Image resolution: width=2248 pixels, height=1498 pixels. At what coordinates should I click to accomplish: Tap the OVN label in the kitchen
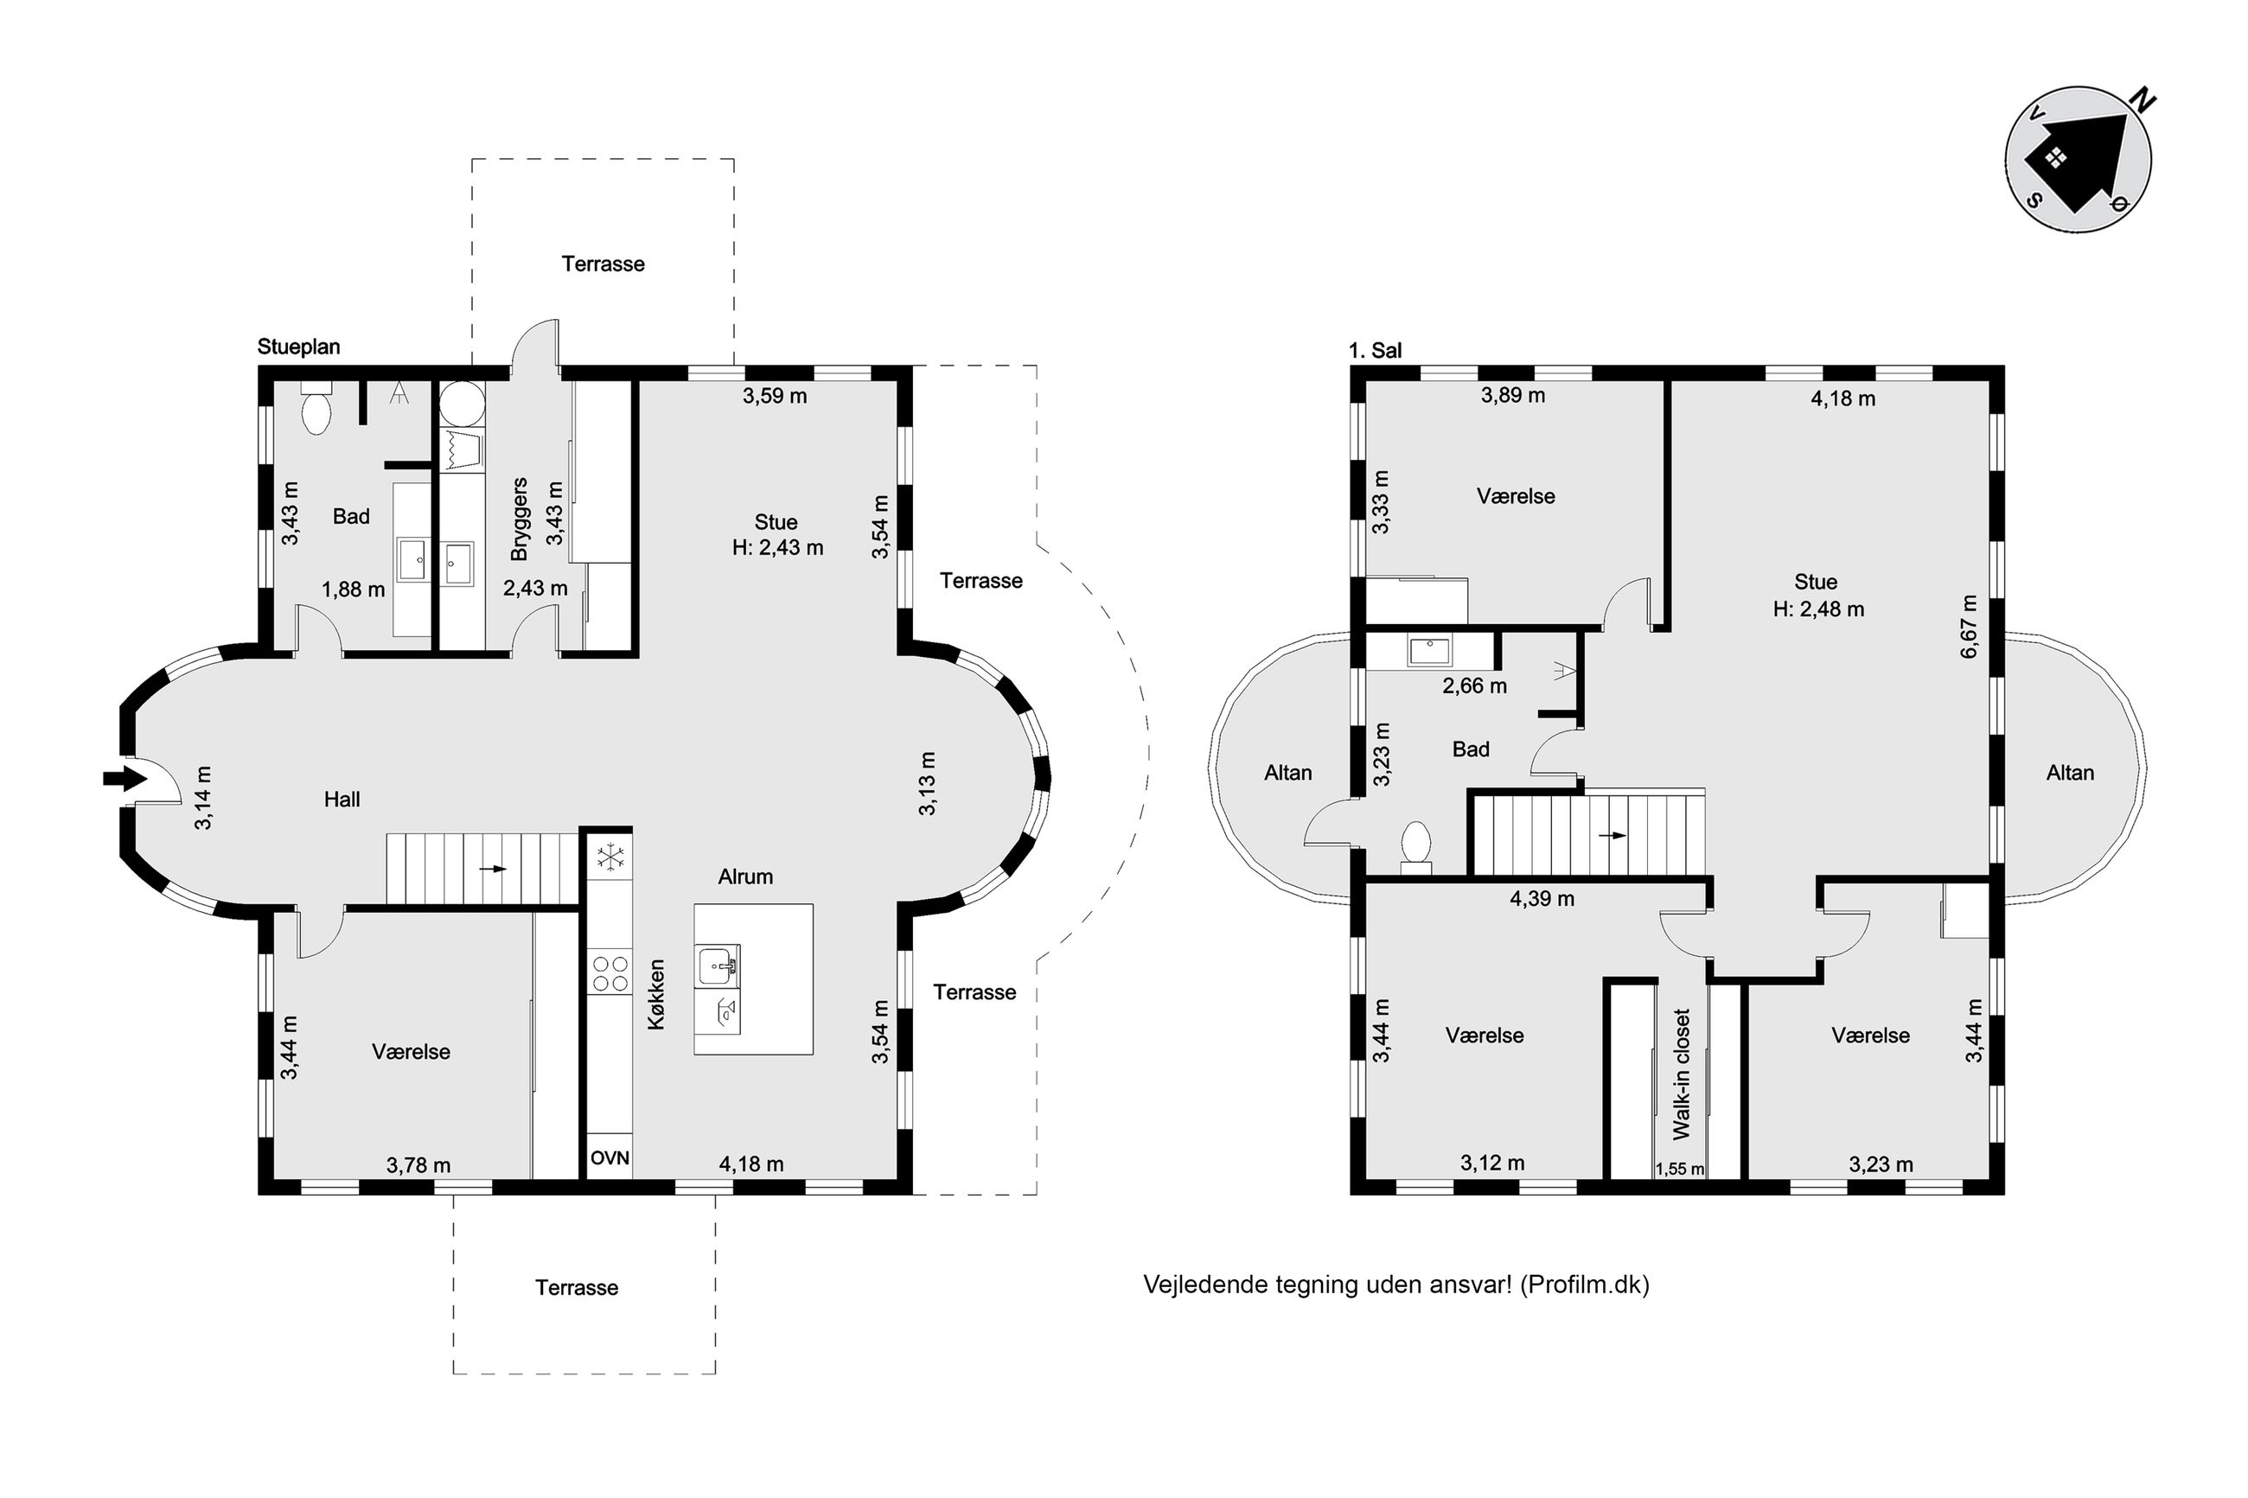(610, 1158)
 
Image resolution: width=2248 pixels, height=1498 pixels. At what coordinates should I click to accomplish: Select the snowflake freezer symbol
(610, 857)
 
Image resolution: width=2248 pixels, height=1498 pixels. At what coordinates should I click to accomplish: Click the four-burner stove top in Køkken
(610, 972)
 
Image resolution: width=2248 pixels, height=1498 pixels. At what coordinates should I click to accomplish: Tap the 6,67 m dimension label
(1969, 627)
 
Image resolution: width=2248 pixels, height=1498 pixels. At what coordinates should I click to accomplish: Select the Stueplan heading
(298, 347)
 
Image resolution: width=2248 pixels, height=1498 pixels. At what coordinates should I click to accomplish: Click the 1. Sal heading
(1375, 351)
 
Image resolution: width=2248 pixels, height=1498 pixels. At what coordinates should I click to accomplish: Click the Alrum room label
(745, 876)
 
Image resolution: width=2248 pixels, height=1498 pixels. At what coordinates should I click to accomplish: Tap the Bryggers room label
(519, 519)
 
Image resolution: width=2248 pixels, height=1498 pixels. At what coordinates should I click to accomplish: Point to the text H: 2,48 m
(1818, 609)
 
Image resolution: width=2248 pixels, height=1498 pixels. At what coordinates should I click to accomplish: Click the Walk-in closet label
(1682, 1074)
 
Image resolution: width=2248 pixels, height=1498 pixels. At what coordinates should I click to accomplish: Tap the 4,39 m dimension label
(1542, 898)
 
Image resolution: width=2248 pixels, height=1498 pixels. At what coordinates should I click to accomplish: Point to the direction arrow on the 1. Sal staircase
(1613, 835)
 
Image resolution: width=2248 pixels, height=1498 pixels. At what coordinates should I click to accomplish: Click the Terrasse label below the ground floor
(576, 1287)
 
